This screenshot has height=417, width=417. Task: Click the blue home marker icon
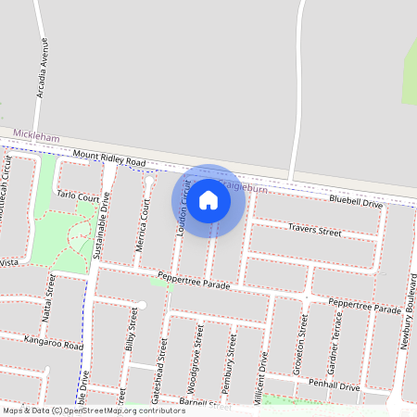point(208,200)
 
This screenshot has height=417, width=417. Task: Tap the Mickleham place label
point(37,137)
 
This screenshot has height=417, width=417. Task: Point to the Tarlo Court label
point(77,197)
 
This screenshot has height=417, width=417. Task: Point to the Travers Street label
point(315,227)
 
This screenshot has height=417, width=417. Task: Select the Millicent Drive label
point(265,380)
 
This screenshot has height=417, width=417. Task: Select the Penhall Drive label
point(334,385)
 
